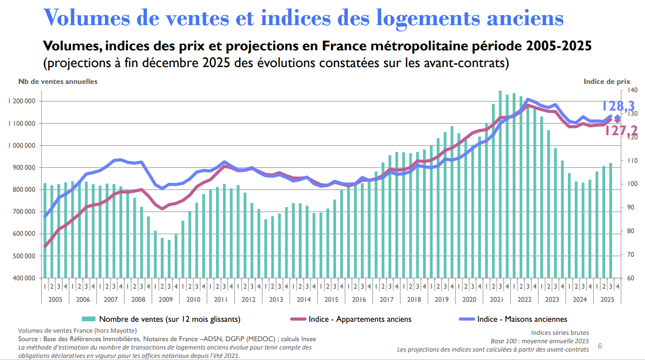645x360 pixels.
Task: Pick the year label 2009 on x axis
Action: click(x=165, y=299)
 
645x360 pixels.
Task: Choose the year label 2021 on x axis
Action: click(x=497, y=299)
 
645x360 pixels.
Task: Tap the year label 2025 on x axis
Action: click(x=607, y=299)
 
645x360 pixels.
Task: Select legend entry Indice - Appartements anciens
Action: click(x=360, y=319)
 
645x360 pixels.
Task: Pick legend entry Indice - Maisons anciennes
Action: click(x=522, y=319)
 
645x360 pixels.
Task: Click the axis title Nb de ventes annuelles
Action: click(x=58, y=81)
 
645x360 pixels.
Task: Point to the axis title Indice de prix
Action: click(x=607, y=81)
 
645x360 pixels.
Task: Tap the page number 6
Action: click(x=600, y=346)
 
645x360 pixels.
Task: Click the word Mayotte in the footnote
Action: click(x=123, y=331)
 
